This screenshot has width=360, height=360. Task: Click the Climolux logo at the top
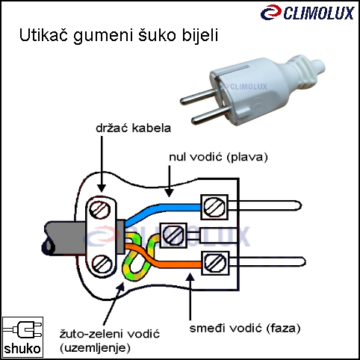(x=308, y=13)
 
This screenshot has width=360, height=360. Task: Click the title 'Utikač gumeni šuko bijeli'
(x=119, y=36)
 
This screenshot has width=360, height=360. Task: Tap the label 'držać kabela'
(x=134, y=128)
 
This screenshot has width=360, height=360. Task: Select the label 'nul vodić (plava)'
(x=218, y=158)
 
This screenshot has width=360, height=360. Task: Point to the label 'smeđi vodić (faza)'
(x=245, y=329)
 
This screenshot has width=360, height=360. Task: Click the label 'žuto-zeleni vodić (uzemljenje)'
(x=110, y=341)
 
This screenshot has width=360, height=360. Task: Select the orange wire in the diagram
(x=162, y=259)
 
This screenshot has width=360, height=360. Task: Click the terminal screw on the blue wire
(x=214, y=207)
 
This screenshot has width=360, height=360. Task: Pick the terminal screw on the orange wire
(x=215, y=264)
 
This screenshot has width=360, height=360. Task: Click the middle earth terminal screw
(x=173, y=235)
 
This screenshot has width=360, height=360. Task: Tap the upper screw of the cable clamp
(x=100, y=210)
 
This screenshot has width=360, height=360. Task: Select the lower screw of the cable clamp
(x=102, y=264)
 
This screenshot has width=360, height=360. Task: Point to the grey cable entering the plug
(x=64, y=238)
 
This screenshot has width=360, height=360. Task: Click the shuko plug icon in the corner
(x=23, y=331)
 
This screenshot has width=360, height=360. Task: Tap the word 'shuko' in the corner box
(x=22, y=349)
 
